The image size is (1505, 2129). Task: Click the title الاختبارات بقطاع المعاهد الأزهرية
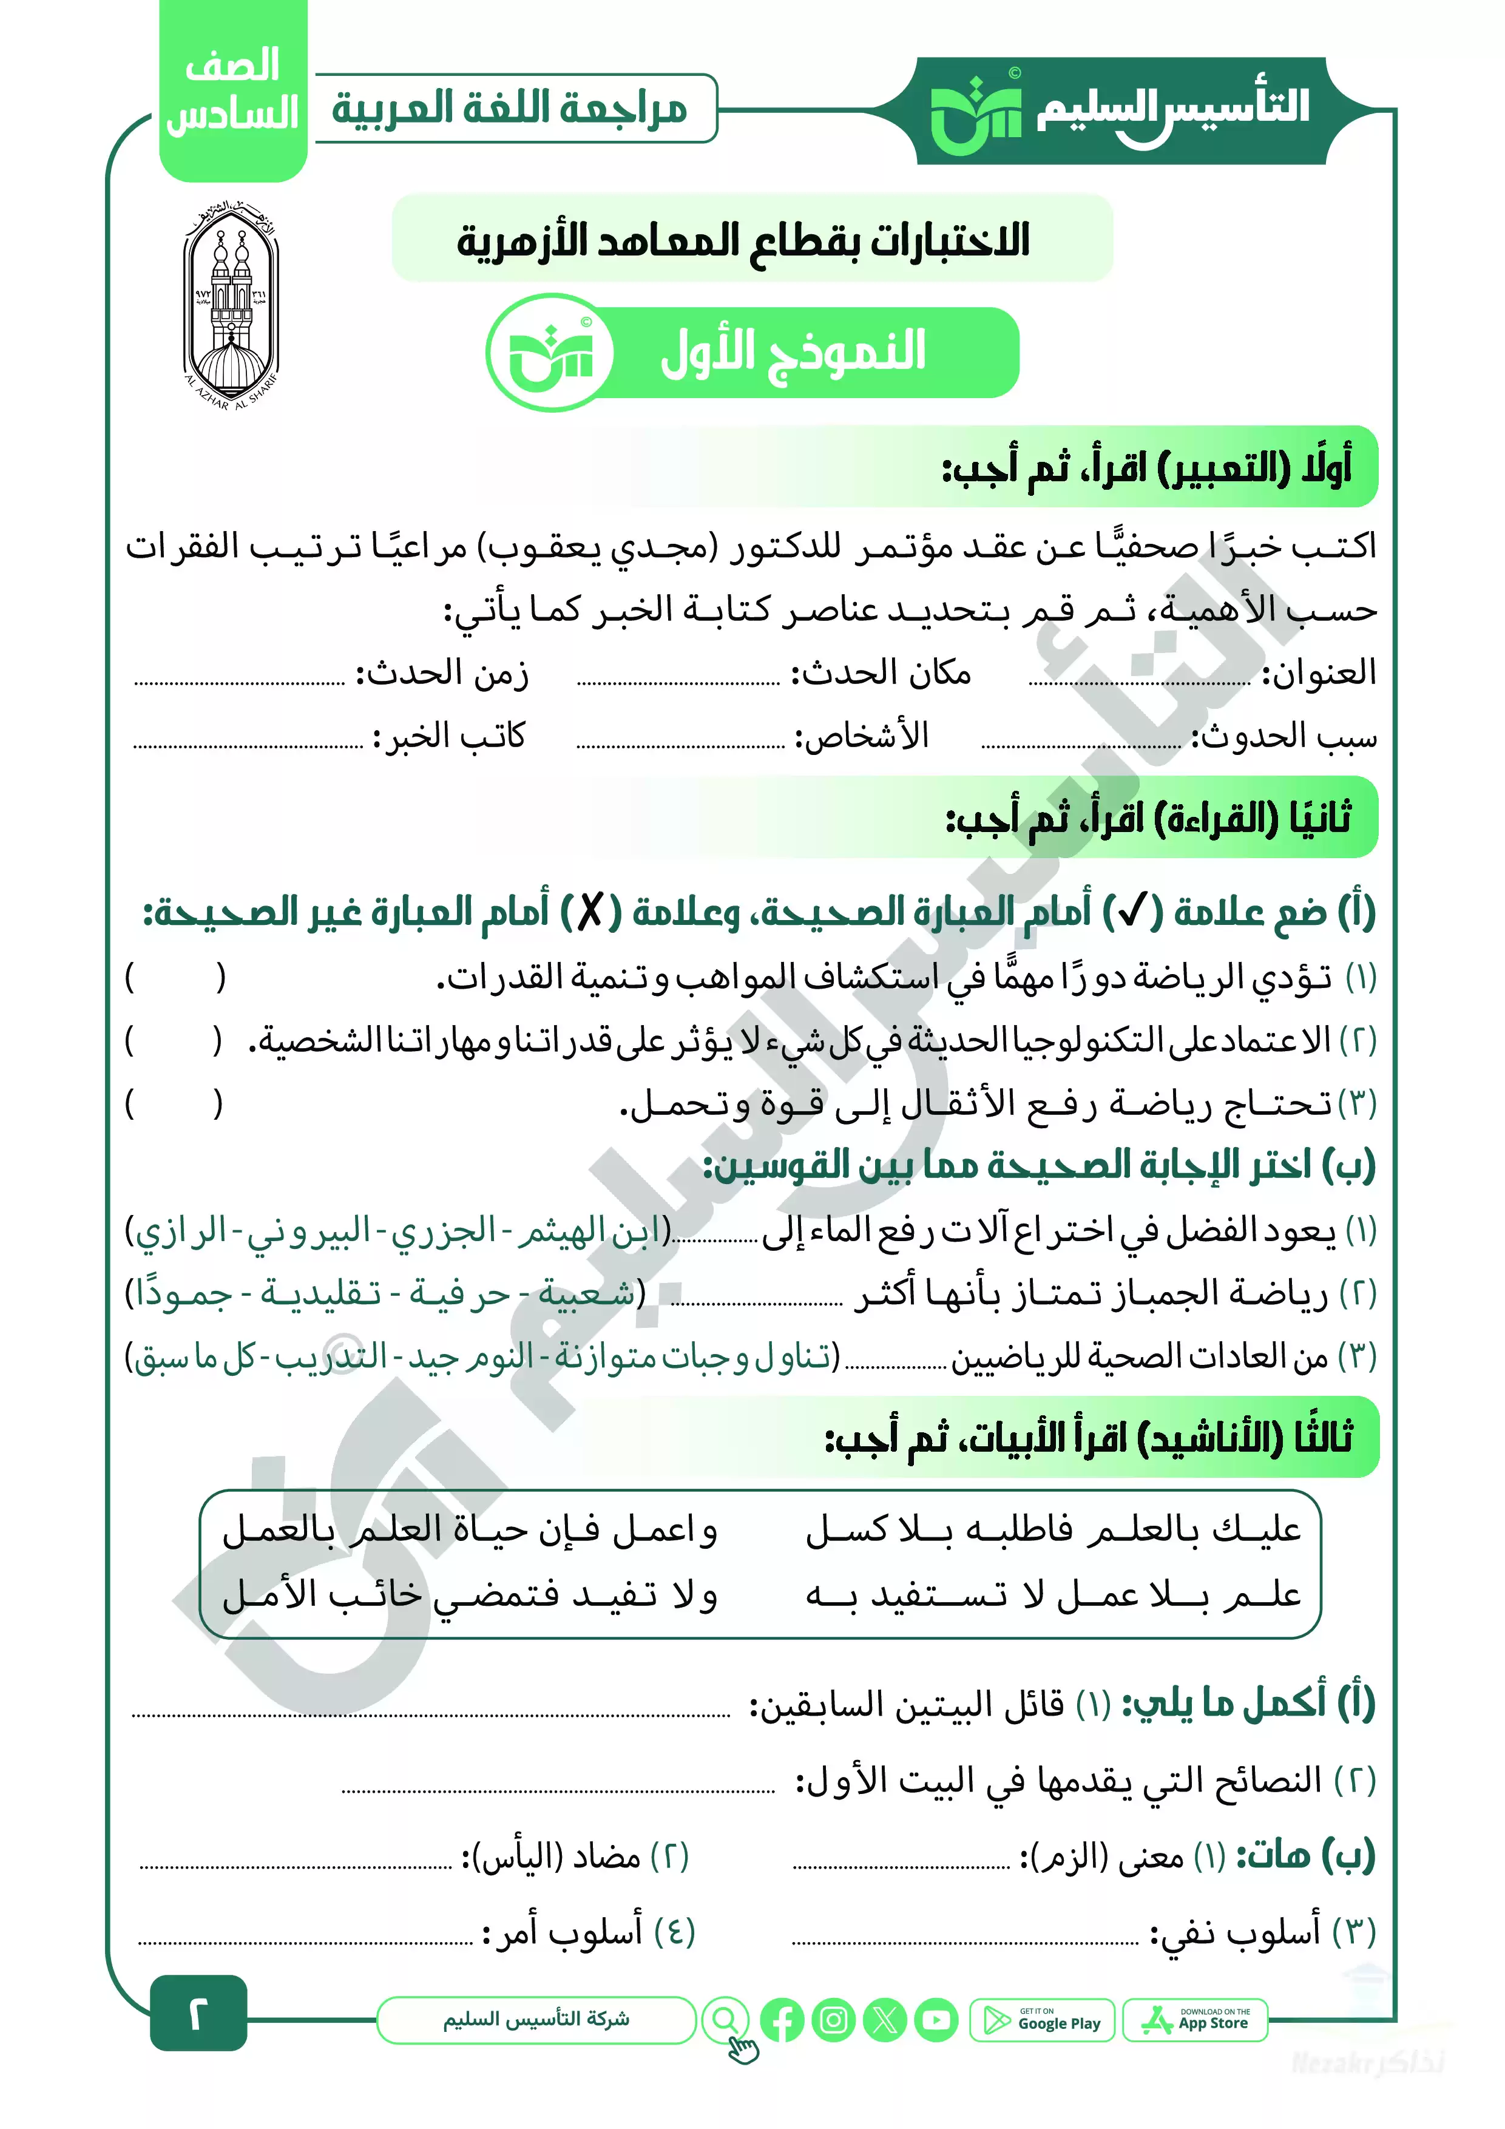pos(743,240)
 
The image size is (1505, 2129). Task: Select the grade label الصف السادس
pos(233,91)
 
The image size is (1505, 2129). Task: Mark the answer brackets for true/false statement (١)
pos(175,976)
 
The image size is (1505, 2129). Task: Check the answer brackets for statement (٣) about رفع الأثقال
pos(175,1103)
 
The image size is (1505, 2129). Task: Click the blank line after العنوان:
pos(1140,682)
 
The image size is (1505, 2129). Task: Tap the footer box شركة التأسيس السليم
pos(536,2020)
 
